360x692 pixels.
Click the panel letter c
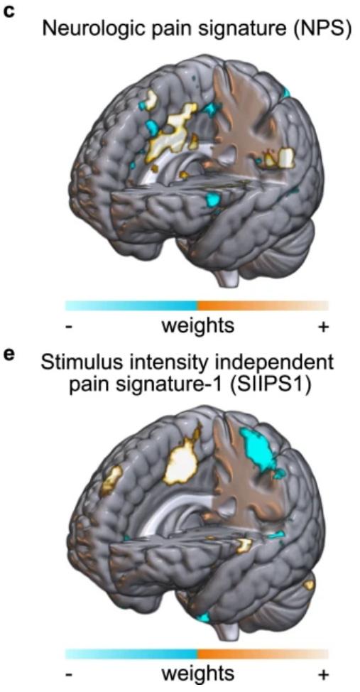9,11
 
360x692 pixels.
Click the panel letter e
9,355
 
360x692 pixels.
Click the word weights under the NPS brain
197,327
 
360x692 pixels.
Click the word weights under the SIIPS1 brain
197,674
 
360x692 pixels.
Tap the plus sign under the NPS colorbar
323,328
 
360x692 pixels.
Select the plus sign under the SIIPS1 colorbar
323,674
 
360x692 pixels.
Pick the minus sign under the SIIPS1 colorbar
69,675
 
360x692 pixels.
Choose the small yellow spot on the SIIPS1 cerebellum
309,585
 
